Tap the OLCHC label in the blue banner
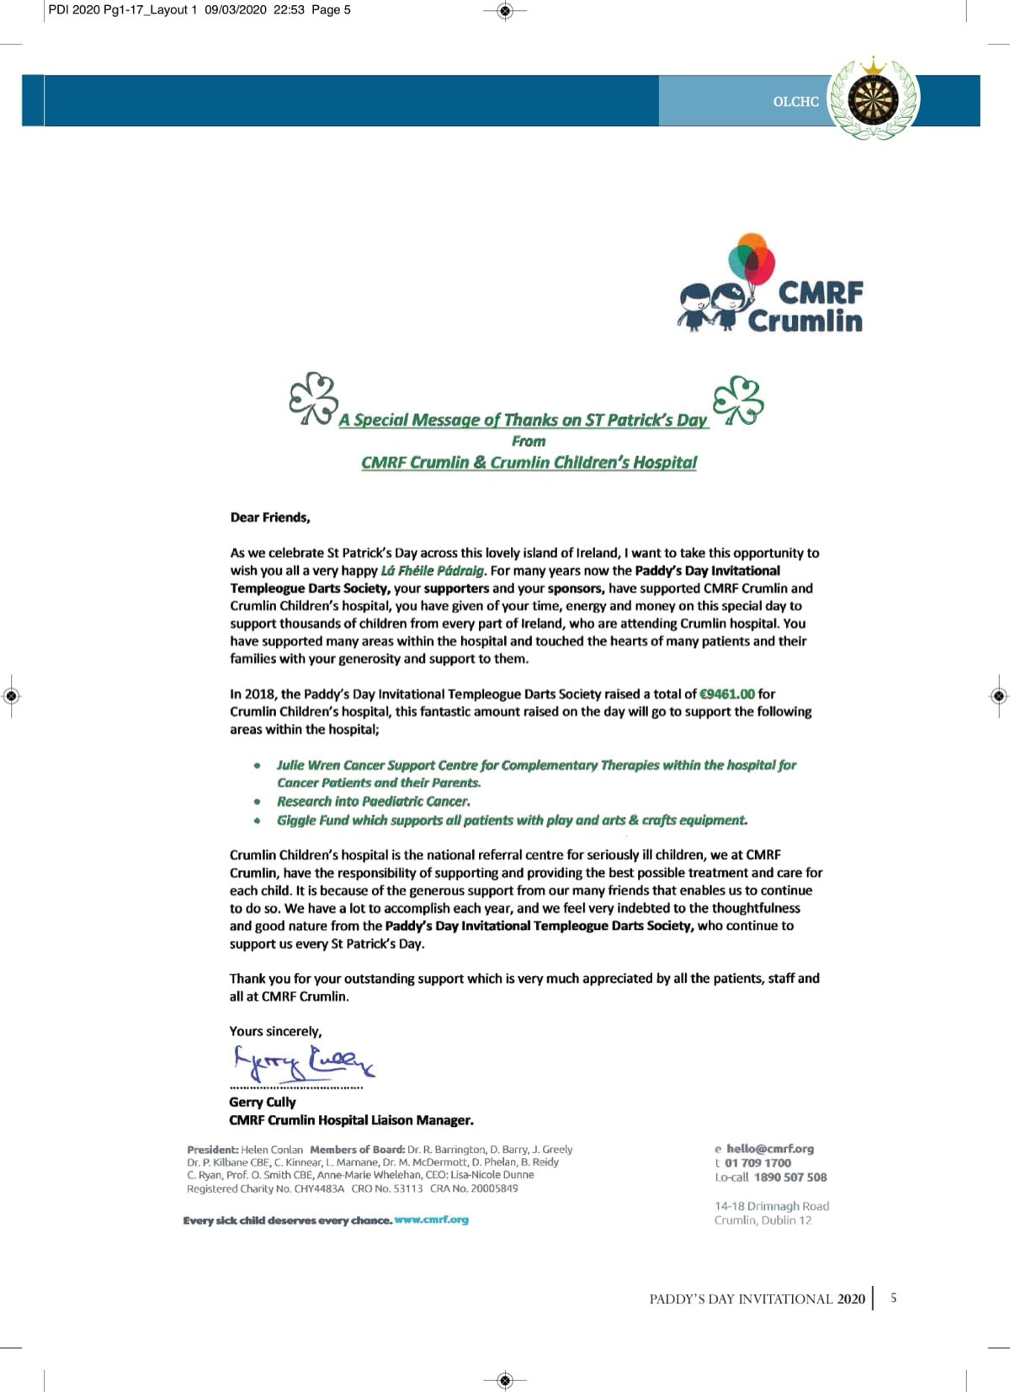pos(795,102)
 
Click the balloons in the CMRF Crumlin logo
pos(752,259)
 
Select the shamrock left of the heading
pos(313,397)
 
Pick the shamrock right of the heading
pos(738,399)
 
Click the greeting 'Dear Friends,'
pos(270,518)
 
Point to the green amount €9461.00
pos(727,694)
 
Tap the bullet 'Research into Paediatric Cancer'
pos(373,801)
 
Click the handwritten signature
pos(303,1065)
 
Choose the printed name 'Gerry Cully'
pos(263,1102)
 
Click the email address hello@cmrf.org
pos(770,1149)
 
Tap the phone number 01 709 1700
pos(757,1163)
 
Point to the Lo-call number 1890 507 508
pos(790,1177)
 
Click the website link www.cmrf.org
pos(432,1219)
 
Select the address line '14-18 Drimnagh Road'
pos(772,1206)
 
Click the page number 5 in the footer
pos(893,1298)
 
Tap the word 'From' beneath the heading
pos(529,441)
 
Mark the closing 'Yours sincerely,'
pos(275,1031)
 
